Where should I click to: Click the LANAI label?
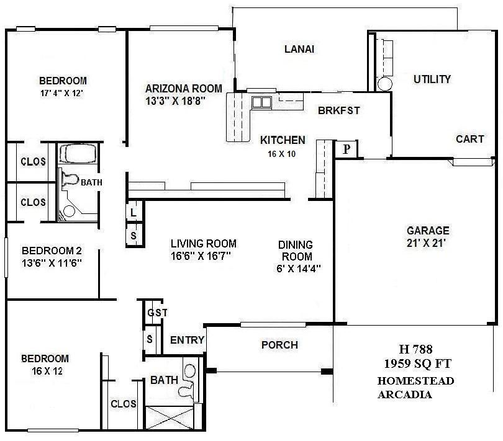tap(299, 50)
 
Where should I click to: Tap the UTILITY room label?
tap(432, 79)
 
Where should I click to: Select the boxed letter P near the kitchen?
tap(347, 149)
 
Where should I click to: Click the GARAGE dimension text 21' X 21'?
tap(428, 243)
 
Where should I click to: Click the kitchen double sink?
tap(261, 102)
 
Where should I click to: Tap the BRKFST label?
tap(338, 110)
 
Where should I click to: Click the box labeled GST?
tap(157, 313)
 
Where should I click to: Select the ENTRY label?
tap(187, 340)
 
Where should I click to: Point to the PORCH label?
tap(279, 345)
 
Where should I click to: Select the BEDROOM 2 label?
tap(52, 251)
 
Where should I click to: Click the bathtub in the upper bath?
tap(78, 154)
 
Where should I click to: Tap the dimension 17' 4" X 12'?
tap(62, 93)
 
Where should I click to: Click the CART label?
tap(469, 139)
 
